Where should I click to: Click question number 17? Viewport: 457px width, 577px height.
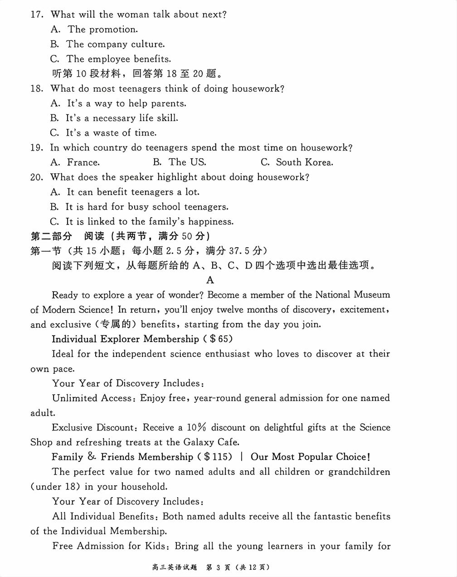37,15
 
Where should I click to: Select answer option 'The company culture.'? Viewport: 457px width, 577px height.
115,44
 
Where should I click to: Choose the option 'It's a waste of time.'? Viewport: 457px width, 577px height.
111,133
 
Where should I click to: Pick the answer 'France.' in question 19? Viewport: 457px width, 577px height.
83,162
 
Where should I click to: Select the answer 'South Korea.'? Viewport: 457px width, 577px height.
304,162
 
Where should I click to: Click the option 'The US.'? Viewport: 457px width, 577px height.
187,162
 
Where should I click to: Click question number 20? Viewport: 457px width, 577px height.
37,177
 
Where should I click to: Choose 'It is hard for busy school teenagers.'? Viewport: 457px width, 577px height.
147,207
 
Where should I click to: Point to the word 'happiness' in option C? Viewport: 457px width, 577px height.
210,222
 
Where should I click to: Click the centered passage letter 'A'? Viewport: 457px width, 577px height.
210,280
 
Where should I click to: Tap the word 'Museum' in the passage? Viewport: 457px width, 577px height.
372,295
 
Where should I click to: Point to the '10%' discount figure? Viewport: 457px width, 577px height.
196,427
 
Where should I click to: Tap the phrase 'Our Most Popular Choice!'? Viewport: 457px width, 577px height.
310,457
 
